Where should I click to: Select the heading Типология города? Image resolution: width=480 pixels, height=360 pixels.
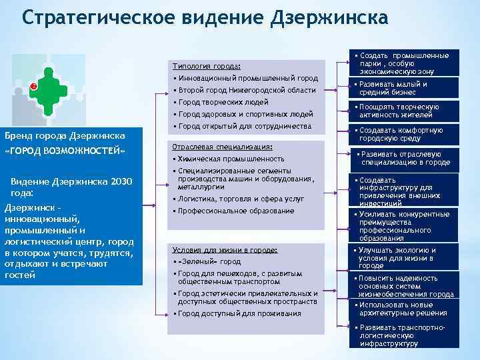pyautogui.click(x=206, y=67)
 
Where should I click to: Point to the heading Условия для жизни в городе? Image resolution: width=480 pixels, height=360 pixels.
pyautogui.click(x=224, y=250)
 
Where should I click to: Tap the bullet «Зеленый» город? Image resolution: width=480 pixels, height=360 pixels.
pyautogui.click(x=208, y=262)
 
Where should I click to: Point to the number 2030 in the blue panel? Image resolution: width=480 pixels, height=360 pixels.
pyautogui.click(x=117, y=183)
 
